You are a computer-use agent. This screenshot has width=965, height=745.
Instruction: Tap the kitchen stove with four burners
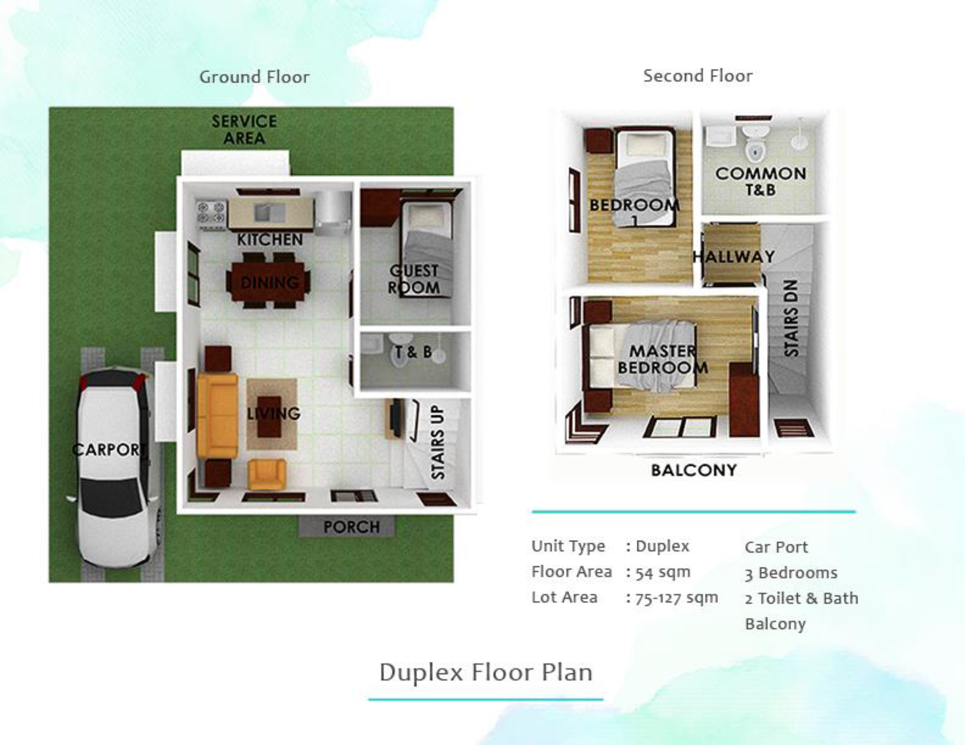click(x=211, y=215)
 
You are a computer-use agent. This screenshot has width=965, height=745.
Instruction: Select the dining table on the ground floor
click(x=268, y=281)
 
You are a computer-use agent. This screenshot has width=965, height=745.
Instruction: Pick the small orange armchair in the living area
click(x=267, y=474)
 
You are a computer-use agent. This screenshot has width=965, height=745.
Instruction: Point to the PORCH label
click(x=351, y=527)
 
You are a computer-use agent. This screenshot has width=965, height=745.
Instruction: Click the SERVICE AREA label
click(x=244, y=130)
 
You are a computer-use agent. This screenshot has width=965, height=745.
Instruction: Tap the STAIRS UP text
click(x=438, y=443)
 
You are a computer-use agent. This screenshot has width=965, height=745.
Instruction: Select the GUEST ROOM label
click(x=414, y=279)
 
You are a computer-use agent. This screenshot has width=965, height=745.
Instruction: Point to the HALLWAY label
click(x=733, y=257)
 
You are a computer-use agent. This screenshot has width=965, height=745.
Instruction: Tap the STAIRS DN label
click(x=791, y=318)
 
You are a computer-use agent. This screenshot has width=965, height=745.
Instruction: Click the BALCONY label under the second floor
click(x=694, y=470)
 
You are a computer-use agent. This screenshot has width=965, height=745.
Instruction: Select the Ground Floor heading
click(x=255, y=77)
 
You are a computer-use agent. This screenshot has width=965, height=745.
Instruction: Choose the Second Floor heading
click(x=698, y=76)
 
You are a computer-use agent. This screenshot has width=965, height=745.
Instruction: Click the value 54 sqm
click(x=663, y=572)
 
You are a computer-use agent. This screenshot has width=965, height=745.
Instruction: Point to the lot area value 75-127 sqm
click(x=676, y=598)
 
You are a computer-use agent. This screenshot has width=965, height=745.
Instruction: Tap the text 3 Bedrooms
click(x=791, y=573)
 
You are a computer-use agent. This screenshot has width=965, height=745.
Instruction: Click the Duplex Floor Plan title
click(x=486, y=673)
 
